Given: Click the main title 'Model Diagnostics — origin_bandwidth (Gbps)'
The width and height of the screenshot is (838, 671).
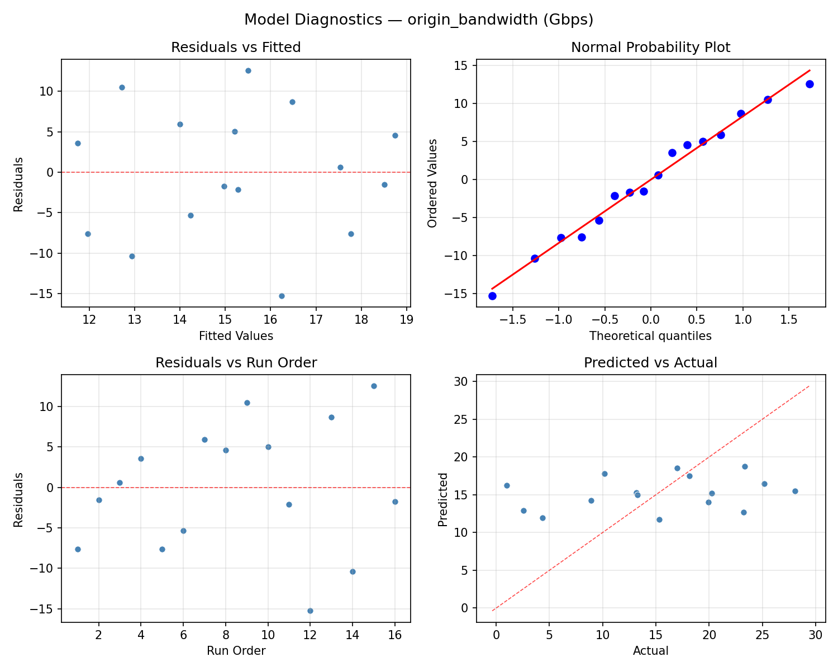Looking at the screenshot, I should pyautogui.click(x=418, y=20).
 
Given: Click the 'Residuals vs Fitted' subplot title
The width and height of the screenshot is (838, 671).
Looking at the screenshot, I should pyautogui.click(x=236, y=48).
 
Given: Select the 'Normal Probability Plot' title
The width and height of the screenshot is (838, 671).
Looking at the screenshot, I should pyautogui.click(x=650, y=48).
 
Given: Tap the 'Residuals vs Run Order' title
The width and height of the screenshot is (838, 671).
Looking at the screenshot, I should pyautogui.click(x=236, y=363).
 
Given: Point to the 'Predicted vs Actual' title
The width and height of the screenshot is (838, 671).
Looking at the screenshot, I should pyautogui.click(x=650, y=363).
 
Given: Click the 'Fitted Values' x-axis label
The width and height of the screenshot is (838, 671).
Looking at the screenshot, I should pyautogui.click(x=236, y=336).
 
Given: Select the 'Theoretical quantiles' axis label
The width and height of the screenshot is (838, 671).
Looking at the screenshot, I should pyautogui.click(x=650, y=336).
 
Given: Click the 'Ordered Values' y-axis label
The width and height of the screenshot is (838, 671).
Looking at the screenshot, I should pyautogui.click(x=432, y=183).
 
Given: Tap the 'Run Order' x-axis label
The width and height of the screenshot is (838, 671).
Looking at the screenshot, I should pyautogui.click(x=236, y=651).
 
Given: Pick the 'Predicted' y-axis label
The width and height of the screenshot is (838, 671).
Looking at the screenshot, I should pyautogui.click(x=442, y=499).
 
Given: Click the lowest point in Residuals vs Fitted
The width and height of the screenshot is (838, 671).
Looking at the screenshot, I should pyautogui.click(x=282, y=296).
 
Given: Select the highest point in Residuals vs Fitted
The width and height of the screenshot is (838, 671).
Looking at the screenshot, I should pyautogui.click(x=248, y=70).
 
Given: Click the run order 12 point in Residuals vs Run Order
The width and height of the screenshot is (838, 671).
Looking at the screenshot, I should pyautogui.click(x=310, y=611).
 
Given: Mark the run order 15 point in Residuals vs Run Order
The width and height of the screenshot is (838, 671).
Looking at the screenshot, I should pyautogui.click(x=374, y=386).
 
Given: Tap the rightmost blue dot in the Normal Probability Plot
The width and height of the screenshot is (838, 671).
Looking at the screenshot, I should pyautogui.click(x=810, y=84).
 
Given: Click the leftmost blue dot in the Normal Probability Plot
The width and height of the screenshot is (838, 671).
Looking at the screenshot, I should pyautogui.click(x=492, y=296).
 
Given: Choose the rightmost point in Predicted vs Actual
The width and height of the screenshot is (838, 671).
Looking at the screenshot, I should pyautogui.click(x=795, y=491).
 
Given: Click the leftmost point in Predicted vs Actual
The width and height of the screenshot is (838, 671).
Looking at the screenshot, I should pyautogui.click(x=507, y=485).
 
